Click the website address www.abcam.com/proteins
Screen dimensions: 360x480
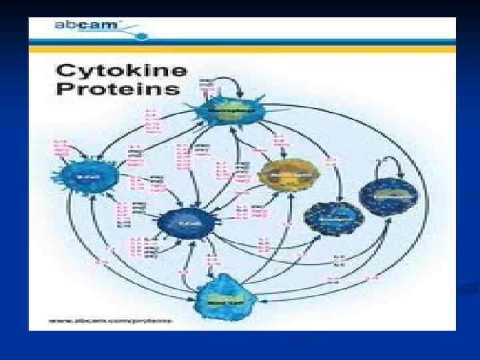click(111, 321)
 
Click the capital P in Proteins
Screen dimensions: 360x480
click(63, 89)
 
